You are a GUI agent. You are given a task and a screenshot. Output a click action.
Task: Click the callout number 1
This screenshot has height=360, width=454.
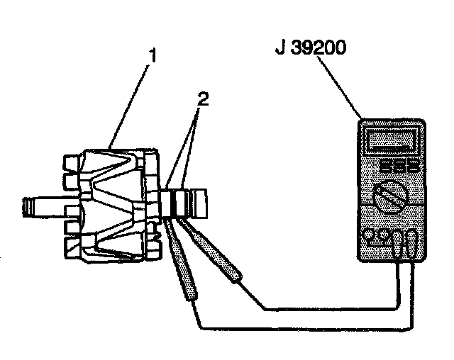(150, 54)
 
